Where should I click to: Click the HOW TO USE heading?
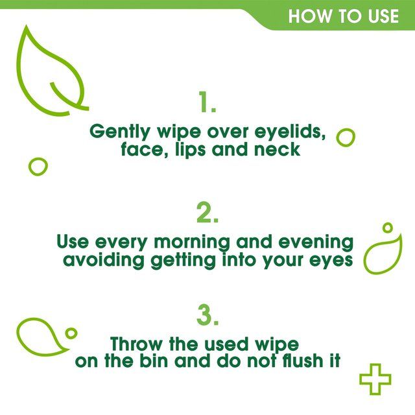(343, 16)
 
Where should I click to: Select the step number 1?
(207, 102)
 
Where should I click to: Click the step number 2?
(207, 213)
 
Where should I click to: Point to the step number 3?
(207, 316)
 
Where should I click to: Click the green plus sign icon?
(375, 379)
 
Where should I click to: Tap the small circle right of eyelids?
(346, 137)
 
